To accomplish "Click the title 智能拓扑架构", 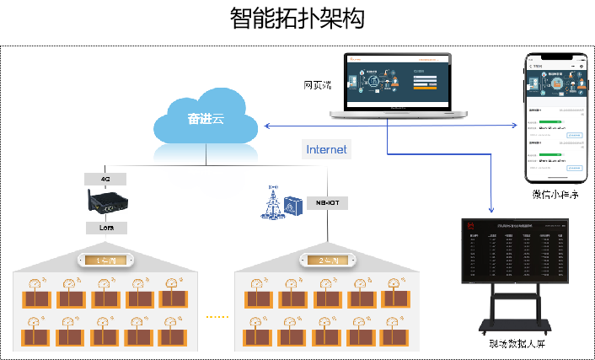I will click(x=297, y=19).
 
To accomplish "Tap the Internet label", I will click(x=325, y=149).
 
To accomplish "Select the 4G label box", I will click(x=106, y=179).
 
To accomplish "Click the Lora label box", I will click(x=106, y=228).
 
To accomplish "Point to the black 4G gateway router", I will click(x=107, y=203).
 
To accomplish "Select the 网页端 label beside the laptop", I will click(x=319, y=85).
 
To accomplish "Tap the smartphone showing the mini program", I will click(x=555, y=118).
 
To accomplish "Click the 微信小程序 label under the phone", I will click(x=555, y=195).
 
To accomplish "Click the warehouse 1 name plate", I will click(x=105, y=260).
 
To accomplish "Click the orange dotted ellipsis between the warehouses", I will click(x=217, y=317).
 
